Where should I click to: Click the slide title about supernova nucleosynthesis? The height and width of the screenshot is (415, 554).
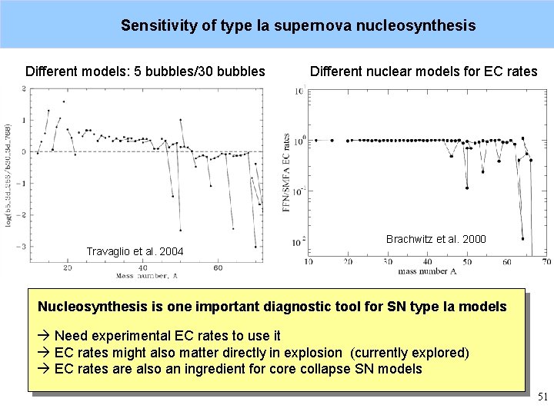tap(298, 25)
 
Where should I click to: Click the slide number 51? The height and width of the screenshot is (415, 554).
tap(542, 397)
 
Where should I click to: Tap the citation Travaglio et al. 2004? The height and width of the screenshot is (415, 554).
tap(135, 251)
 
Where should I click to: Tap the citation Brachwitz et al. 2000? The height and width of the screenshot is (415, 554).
tap(436, 239)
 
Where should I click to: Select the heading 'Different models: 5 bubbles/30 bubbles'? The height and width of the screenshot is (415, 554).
tap(145, 72)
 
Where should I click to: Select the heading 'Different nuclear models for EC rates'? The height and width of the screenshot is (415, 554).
tap(423, 72)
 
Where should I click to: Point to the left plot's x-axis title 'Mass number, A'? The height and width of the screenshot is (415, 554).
tap(146, 275)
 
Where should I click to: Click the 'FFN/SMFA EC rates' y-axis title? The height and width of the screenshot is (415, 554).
tap(286, 173)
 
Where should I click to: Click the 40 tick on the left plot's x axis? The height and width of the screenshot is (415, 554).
tap(142, 267)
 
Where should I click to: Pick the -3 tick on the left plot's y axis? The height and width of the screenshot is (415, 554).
tap(23, 247)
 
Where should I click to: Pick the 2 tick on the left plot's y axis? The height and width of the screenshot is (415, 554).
tap(23, 89)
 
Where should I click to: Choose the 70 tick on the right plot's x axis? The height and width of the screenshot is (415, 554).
tap(546, 262)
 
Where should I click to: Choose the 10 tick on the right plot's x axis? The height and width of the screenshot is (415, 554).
tap(309, 262)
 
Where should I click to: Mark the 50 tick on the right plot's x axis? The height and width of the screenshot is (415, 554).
tap(466, 262)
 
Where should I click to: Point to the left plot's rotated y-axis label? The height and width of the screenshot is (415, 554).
tap(9, 174)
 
